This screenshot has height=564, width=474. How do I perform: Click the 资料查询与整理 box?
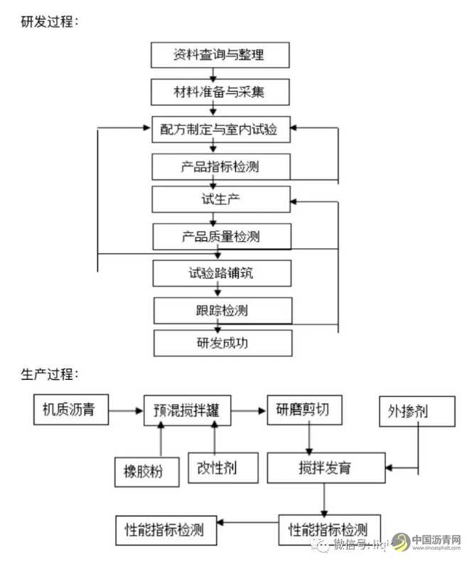point(221,55)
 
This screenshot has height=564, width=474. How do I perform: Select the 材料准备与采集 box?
point(221,92)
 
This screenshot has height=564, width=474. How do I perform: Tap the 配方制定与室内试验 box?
point(221,129)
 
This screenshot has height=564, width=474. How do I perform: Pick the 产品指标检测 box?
point(221,166)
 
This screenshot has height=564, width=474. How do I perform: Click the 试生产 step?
point(221,199)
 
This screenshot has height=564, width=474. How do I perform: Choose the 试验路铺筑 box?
point(221,272)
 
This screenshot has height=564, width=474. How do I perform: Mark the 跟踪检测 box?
point(222,310)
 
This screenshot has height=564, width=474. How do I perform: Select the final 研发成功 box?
point(222,344)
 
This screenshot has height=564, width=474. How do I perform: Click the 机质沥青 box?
point(70,410)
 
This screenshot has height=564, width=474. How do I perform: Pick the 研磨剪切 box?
point(303,410)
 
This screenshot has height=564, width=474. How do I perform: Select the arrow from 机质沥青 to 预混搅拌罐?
point(126,410)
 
